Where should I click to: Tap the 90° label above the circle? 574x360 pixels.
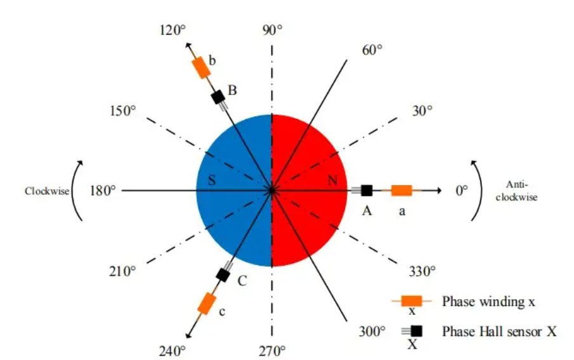(x=272, y=30)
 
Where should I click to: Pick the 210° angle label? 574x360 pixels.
(x=123, y=271)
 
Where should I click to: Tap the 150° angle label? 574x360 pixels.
(x=123, y=110)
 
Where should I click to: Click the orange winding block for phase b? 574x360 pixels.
(x=201, y=67)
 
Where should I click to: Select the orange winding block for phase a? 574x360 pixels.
(x=401, y=190)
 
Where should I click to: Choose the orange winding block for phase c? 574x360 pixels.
(x=207, y=304)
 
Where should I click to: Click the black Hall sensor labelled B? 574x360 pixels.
(x=218, y=97)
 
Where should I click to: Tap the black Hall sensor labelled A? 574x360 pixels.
(x=367, y=190)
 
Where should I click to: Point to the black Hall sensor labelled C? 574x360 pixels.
(x=223, y=275)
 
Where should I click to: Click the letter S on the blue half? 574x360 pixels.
(x=212, y=181)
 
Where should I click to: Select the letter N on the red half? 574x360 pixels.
(x=332, y=181)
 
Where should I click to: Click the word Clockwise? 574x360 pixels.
(x=47, y=191)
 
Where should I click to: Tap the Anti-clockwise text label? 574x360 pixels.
(x=522, y=191)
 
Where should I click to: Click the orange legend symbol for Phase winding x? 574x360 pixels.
(x=412, y=300)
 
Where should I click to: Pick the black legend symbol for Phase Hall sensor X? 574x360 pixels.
(x=416, y=330)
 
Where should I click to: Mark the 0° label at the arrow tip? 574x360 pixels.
(x=461, y=190)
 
